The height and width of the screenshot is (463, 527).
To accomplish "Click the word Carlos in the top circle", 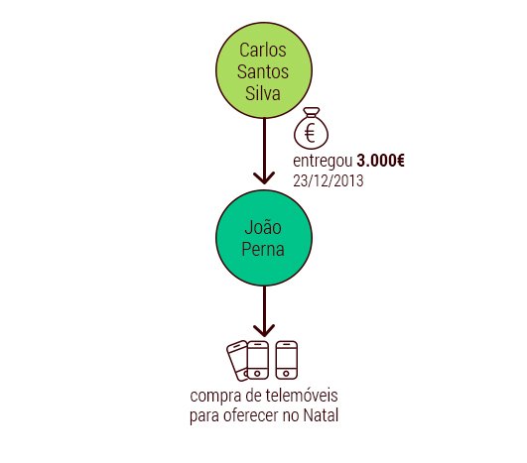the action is point(262,51).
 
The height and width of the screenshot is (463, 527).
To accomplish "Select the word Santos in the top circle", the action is point(263,71).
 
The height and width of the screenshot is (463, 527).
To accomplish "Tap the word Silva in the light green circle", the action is point(263,93).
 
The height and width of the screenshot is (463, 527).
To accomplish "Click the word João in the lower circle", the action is point(263,227).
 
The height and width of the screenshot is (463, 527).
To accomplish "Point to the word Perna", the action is point(263,249).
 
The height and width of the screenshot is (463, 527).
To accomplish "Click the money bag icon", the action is point(311,128).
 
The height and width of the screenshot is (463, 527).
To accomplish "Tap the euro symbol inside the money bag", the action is point(310,133).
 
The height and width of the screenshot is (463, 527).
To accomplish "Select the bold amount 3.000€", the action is point(380,161).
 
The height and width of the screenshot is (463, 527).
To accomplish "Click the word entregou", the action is point(323,162).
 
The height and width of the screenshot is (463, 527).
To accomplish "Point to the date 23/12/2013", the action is point(329,180).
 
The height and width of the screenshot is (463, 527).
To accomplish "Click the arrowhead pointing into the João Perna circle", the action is point(264,177).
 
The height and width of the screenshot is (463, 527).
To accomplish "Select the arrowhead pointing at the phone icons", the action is point(264,331).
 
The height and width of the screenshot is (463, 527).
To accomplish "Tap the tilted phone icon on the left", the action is point(237,361).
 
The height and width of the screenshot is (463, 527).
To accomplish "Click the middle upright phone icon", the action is point(258,360).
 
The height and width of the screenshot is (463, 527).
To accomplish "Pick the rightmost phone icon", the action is point(287,360).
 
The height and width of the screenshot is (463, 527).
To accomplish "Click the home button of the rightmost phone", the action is point(286,374).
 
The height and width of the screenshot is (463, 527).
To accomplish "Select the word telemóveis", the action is point(300,396).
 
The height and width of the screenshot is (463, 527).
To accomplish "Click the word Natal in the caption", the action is point(321,415).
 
